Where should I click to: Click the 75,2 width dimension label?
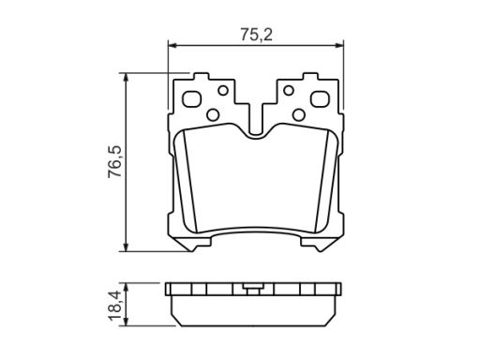[256, 35]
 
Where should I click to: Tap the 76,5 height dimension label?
[114, 162]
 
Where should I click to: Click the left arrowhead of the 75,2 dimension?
[172, 46]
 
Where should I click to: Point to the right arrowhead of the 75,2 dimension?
[339, 46]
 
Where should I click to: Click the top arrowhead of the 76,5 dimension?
[126, 78]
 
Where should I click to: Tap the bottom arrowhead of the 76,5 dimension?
[126, 247]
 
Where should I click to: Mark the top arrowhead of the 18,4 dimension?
[126, 288]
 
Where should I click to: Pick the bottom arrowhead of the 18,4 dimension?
[126, 322]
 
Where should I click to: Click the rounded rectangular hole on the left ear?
[192, 99]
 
